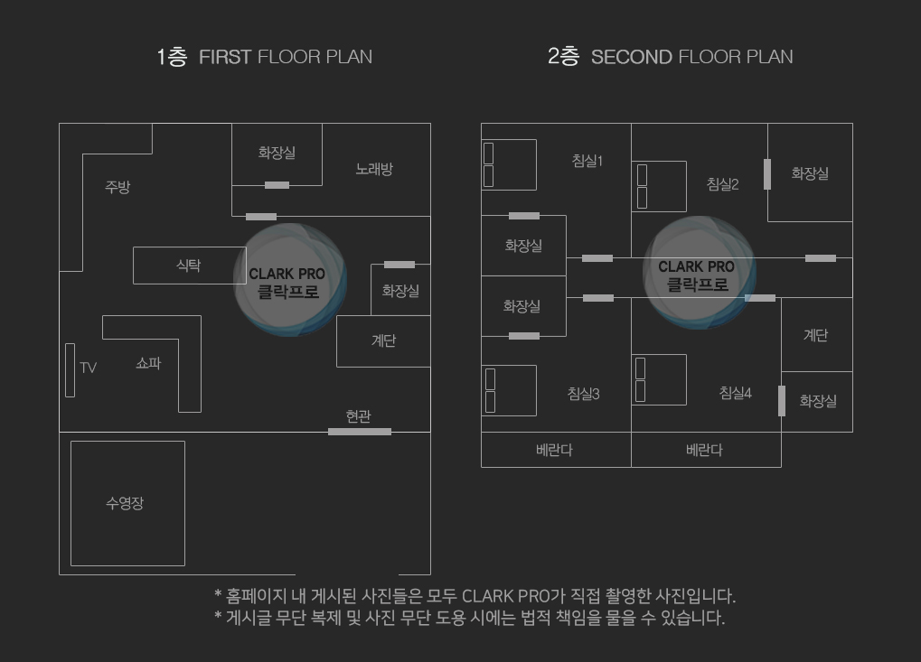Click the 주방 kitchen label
[x=117, y=187]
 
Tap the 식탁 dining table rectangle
[x=189, y=266]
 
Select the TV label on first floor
[x=88, y=368]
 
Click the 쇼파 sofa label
[x=148, y=363]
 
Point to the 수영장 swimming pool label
[x=125, y=503]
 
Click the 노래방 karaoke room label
[x=374, y=169]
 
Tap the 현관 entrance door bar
[x=360, y=432]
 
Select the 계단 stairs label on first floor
[x=383, y=340]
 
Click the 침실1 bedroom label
[x=587, y=160]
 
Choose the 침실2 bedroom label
[x=722, y=184]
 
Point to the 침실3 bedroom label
[x=583, y=394]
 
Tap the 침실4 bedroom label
[x=736, y=393]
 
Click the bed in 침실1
[x=509, y=165]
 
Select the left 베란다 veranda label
[x=554, y=450]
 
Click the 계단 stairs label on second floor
[x=816, y=335]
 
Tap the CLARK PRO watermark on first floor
[x=289, y=279]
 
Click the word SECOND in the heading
[x=632, y=57]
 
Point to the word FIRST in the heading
[x=225, y=57]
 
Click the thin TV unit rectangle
[x=70, y=370]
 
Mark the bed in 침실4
[x=659, y=379]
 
